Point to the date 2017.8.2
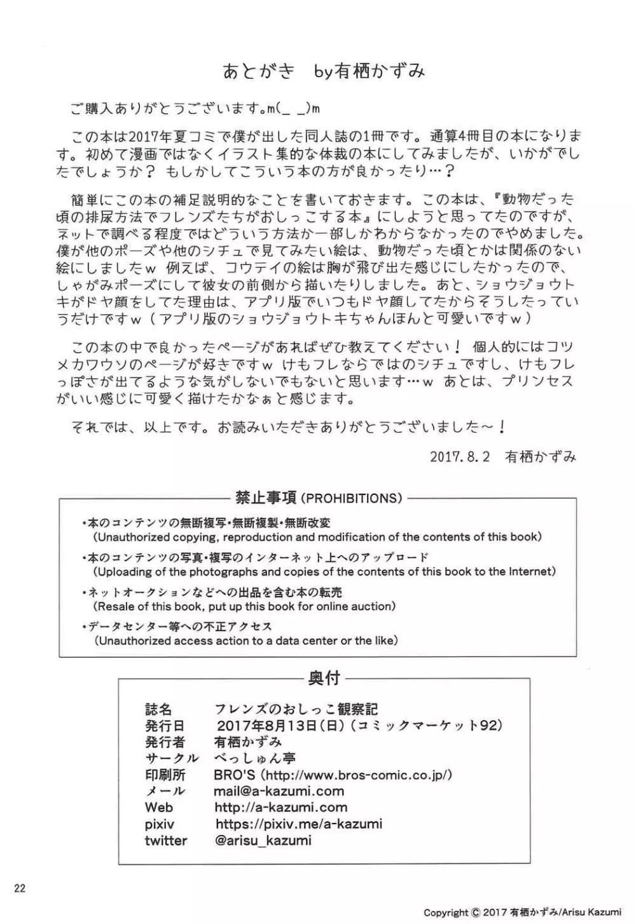[460, 456]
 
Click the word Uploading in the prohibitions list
[125, 571]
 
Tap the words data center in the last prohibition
[304, 641]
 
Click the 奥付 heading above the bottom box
[324, 679]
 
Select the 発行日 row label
[165, 726]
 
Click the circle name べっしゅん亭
[255, 758]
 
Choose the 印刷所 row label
[165, 775]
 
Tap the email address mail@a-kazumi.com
[279, 791]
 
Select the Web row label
[159, 808]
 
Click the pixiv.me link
[299, 824]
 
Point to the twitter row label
[166, 841]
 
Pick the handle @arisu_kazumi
[263, 841]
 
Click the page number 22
[20, 888]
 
